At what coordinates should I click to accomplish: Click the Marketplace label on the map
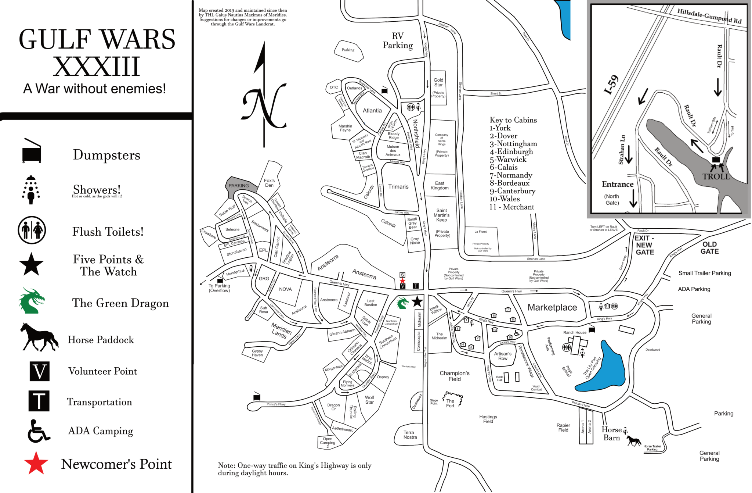point(552,307)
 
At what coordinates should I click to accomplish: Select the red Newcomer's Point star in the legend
point(36,463)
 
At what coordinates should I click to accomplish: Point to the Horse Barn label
point(611,434)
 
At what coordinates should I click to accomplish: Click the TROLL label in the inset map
point(716,176)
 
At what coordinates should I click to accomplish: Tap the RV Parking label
point(398,41)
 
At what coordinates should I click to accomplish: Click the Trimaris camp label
point(398,187)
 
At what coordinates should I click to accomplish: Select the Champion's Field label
point(455,376)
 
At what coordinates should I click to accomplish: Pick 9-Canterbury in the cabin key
point(512,191)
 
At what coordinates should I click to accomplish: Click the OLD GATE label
point(709,248)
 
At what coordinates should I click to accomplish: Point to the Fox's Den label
point(269,183)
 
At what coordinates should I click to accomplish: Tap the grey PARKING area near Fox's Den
point(239,186)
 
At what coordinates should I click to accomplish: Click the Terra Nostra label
point(410,435)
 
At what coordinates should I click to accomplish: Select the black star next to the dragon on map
point(417,302)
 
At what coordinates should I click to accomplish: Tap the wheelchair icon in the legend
point(39,431)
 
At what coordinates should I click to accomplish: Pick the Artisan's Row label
point(503,356)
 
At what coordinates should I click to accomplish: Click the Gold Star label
point(438,82)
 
